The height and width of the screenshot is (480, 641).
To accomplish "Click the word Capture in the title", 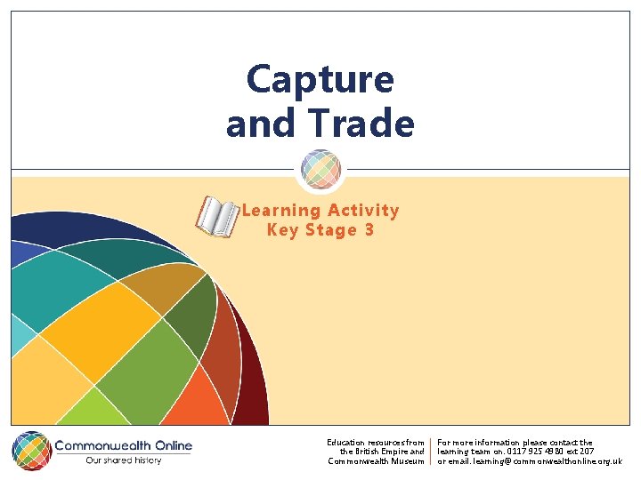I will tap(320, 80).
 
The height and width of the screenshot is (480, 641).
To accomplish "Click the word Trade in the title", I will tap(366, 124).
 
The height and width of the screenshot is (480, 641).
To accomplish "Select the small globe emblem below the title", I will tap(320, 168).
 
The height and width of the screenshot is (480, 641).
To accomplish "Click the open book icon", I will tap(217, 217).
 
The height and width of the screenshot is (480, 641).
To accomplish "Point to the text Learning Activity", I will tap(320, 211).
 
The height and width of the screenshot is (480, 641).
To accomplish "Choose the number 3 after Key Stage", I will tap(369, 230).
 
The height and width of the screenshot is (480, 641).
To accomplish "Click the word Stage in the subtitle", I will tap(329, 230).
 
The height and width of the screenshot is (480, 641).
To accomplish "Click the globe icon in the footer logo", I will tap(31, 452).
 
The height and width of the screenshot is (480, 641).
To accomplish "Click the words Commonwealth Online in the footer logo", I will tap(123, 445).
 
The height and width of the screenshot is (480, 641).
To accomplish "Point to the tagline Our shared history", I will tap(123, 460).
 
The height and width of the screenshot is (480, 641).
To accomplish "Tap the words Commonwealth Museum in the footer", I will tap(376, 461).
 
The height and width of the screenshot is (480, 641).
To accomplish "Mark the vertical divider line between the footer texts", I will tap(431, 452).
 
